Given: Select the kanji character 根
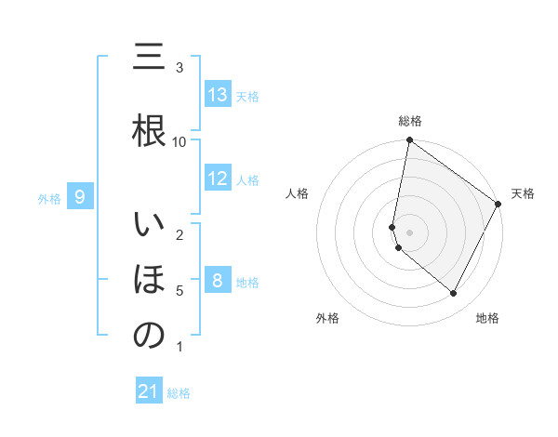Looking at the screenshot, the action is pyautogui.click(x=149, y=131).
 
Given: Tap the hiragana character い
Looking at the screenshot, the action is pyautogui.click(x=149, y=226).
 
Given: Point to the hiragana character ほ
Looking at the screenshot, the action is pyautogui.click(x=149, y=280).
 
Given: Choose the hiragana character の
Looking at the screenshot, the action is pyautogui.click(x=149, y=336).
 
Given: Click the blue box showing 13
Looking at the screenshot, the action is pyautogui.click(x=218, y=95).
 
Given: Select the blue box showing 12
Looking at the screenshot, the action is pyautogui.click(x=218, y=179).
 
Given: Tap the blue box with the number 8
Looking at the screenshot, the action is pyautogui.click(x=218, y=281).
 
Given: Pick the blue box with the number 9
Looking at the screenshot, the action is pyautogui.click(x=81, y=197).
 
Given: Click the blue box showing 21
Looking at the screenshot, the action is pyautogui.click(x=149, y=392).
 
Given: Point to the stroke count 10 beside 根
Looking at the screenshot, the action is pyautogui.click(x=179, y=141).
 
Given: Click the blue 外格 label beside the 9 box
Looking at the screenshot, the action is pyautogui.click(x=49, y=198).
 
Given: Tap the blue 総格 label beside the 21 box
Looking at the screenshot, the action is pyautogui.click(x=179, y=393).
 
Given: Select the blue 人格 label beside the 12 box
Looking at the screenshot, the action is pyautogui.click(x=247, y=179).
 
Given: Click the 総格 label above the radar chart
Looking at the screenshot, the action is pyautogui.click(x=410, y=121).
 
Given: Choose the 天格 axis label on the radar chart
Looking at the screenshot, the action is pyautogui.click(x=523, y=193).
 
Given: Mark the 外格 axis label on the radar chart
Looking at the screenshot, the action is pyautogui.click(x=327, y=318).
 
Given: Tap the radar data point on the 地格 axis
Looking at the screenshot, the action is pyautogui.click(x=454, y=294).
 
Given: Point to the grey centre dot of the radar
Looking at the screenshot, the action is pyautogui.click(x=410, y=232).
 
